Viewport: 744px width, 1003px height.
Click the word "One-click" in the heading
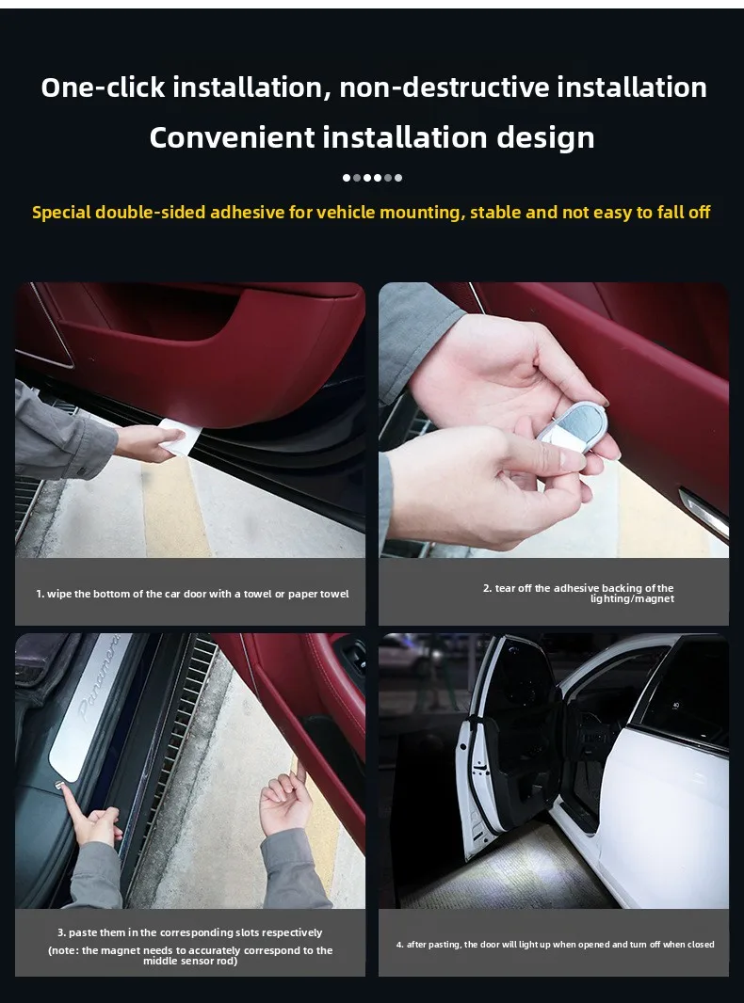103,87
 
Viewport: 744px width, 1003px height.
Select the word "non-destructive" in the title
444,87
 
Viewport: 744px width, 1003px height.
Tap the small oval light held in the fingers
572,425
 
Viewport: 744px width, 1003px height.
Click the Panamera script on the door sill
97,678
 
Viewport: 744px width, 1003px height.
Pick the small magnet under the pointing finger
57,785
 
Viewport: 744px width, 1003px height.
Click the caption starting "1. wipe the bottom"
192,594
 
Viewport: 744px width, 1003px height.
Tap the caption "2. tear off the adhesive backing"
578,593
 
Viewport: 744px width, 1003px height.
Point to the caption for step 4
555,944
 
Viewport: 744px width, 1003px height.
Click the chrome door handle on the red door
703,513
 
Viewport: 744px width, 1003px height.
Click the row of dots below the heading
372,178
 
